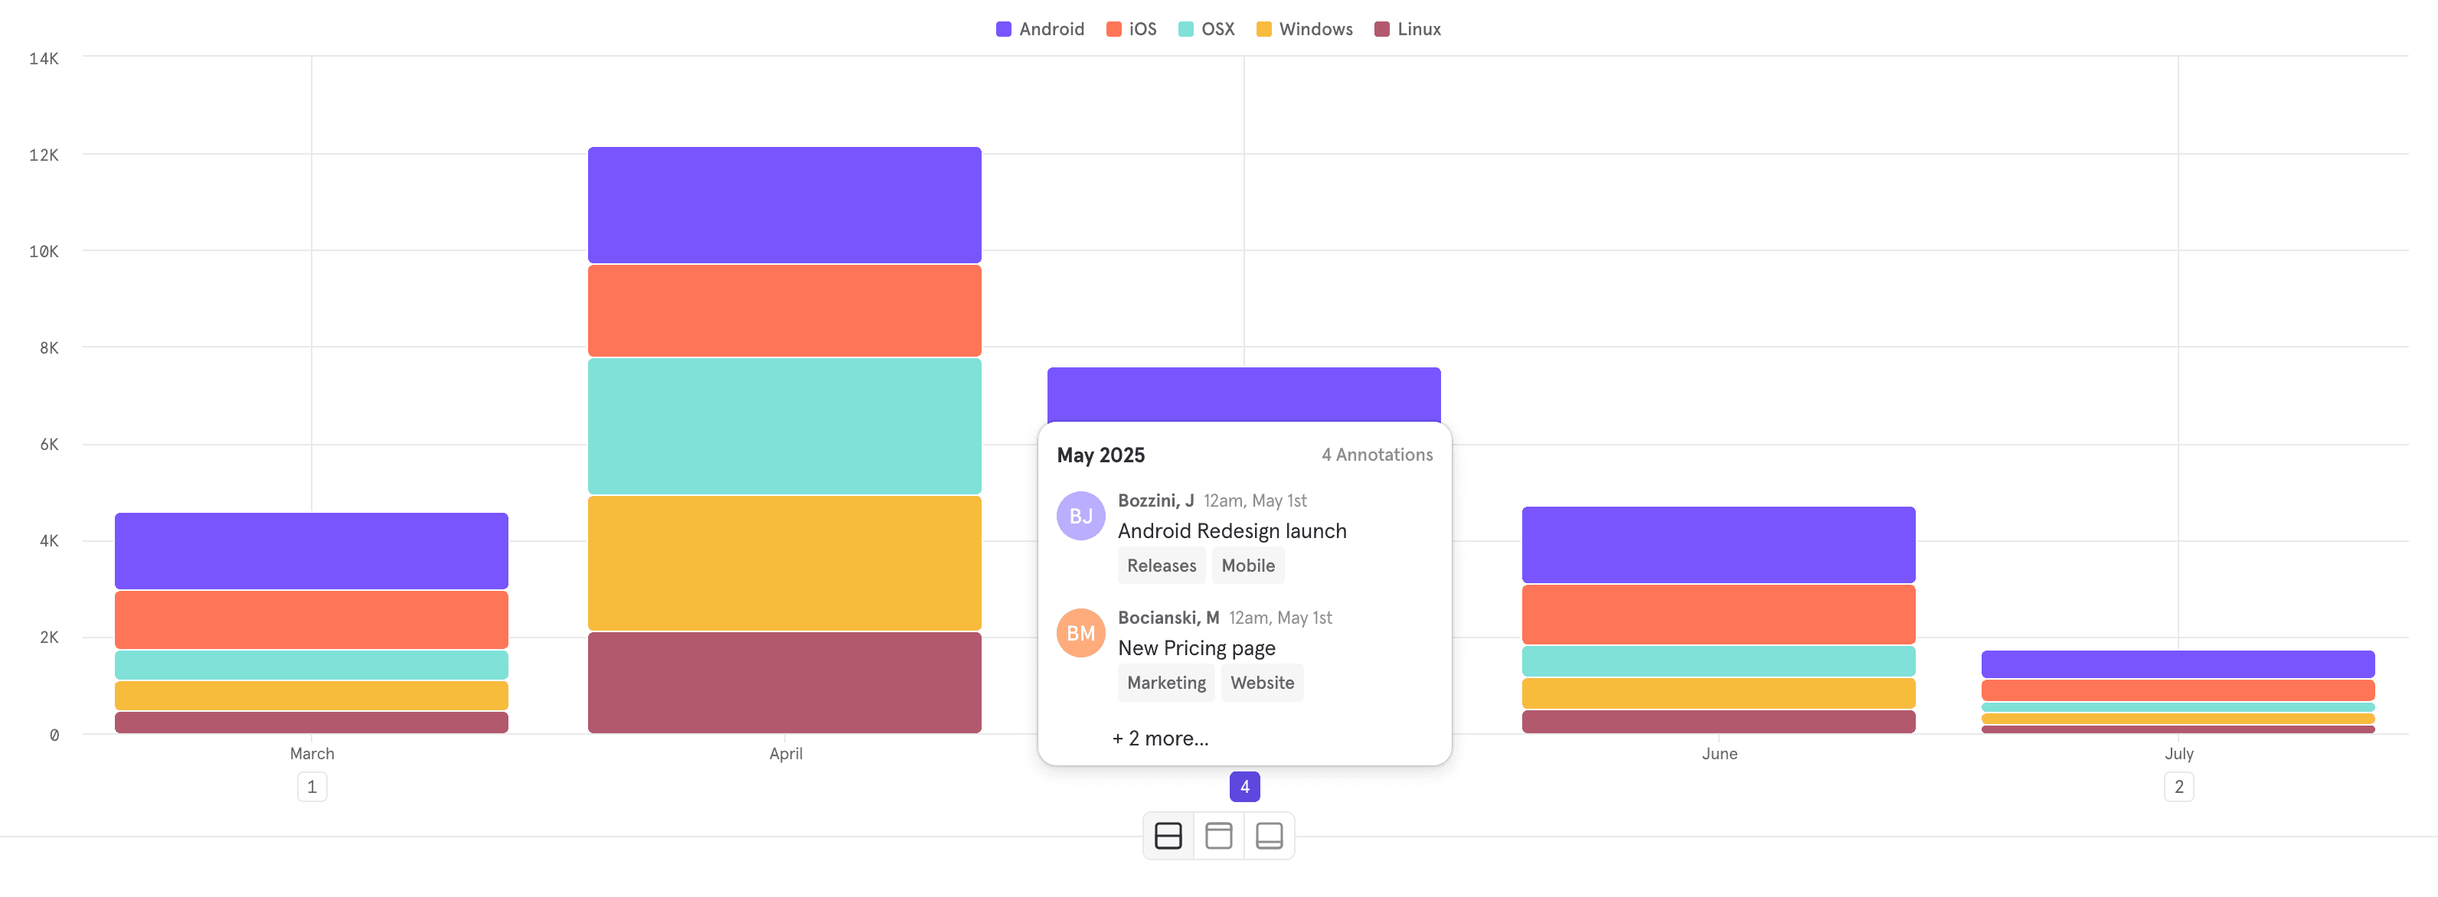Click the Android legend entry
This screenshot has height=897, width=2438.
(1040, 29)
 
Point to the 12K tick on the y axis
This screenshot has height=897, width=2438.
(44, 155)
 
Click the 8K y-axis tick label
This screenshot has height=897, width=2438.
(49, 348)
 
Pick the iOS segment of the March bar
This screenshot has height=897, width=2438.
(312, 619)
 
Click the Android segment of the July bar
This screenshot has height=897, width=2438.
(2177, 664)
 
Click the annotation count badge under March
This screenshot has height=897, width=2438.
(312, 786)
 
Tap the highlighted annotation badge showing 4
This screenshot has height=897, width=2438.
(1244, 786)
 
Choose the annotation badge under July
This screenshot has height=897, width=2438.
(2178, 786)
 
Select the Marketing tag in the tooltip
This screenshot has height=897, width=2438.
(1166, 682)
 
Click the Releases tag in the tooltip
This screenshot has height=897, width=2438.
(1162, 566)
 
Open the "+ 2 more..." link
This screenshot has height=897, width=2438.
(1159, 738)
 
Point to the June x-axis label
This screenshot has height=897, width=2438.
(1719, 753)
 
